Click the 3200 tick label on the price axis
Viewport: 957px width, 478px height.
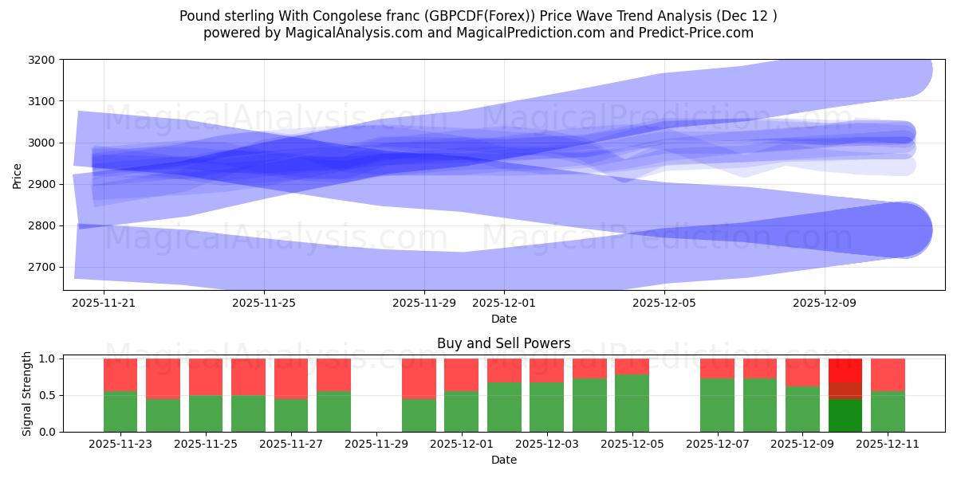coord(41,60)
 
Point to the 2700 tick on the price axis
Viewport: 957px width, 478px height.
coord(41,267)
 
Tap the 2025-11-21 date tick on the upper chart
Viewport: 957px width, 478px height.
coord(104,303)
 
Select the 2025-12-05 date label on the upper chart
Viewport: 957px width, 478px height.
coord(664,303)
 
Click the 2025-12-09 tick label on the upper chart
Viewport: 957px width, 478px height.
coord(825,303)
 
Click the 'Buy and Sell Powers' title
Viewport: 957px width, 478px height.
coord(503,344)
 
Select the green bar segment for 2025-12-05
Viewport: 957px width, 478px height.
coord(632,403)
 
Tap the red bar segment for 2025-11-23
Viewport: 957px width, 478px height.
coord(120,374)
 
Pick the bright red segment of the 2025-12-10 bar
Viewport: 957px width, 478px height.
coord(845,370)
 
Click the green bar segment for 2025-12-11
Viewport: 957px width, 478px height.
coord(888,411)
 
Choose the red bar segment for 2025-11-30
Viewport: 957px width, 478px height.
coord(419,378)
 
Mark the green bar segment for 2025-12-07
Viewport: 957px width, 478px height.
coord(717,405)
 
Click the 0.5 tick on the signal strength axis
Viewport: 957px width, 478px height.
coord(48,395)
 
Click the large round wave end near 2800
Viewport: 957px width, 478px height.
coord(904,230)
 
